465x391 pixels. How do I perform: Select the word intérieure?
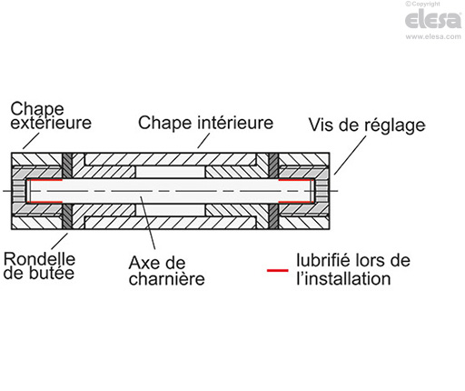pos(233,122)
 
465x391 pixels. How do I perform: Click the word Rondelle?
pos(39,257)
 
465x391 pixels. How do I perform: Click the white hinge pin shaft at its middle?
pos(173,190)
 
